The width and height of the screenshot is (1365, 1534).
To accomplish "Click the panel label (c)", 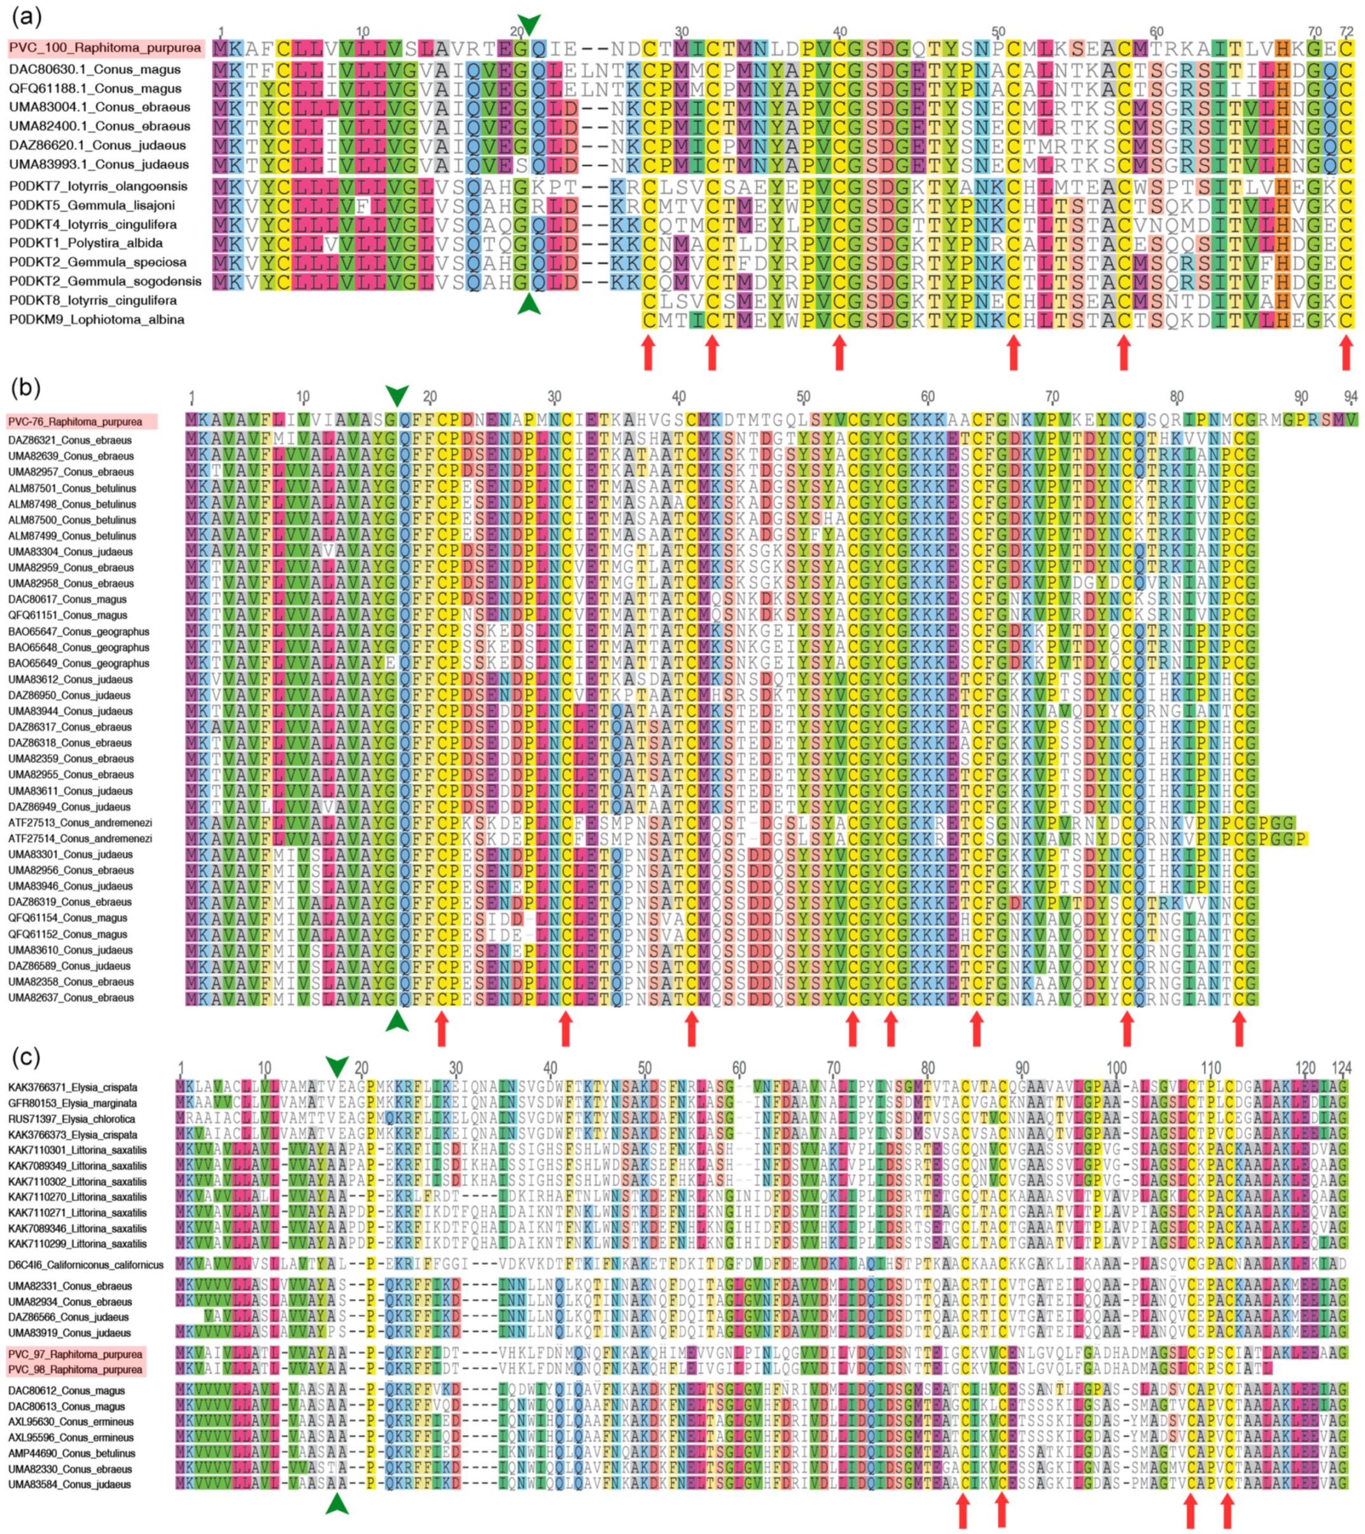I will tap(25, 1057).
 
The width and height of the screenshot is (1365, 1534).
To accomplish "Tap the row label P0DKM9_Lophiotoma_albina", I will tap(97, 320).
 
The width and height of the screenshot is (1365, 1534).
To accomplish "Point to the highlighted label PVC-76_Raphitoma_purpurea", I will tap(75, 422).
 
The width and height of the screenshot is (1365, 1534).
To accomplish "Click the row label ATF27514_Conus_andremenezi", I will tap(80, 838).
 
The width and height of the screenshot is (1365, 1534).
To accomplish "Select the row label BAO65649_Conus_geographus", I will tap(79, 663).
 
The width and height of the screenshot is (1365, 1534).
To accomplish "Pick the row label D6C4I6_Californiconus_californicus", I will tap(87, 1265).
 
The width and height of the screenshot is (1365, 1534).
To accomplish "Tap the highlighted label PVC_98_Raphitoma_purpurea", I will tap(76, 1369).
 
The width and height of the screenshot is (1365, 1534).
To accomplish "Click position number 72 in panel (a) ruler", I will tap(1347, 32).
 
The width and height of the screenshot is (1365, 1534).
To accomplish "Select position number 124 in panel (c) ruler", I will tap(1341, 1068).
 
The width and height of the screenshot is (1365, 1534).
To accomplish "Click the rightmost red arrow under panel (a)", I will tap(1347, 352).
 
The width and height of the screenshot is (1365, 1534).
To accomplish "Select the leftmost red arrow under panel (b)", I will tap(441, 1028).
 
